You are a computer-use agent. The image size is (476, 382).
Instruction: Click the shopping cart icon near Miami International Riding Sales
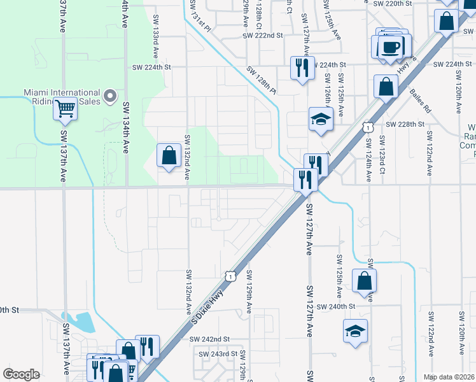(x=65, y=109)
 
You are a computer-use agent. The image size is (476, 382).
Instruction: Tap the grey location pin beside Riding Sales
(x=110, y=97)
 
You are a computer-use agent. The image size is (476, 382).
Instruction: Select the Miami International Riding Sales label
(x=62, y=97)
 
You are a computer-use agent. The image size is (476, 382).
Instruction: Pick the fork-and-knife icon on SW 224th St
(x=301, y=67)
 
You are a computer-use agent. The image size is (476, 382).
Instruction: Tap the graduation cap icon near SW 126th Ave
(x=321, y=119)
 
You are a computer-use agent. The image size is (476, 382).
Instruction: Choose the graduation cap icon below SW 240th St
(x=355, y=331)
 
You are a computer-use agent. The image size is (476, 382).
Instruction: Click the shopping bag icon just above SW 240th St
(x=363, y=280)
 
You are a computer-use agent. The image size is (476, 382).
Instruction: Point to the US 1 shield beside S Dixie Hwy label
(x=230, y=275)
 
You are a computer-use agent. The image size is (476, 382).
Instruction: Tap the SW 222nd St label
(x=262, y=36)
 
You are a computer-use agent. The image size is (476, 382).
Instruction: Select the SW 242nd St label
(x=209, y=339)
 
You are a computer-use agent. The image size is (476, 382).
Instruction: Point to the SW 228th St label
(x=405, y=124)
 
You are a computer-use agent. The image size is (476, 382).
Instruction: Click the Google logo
(x=21, y=374)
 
